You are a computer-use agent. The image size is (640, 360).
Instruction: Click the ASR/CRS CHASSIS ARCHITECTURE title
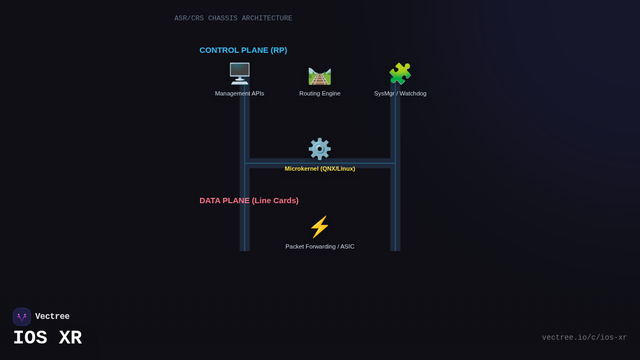(233, 18)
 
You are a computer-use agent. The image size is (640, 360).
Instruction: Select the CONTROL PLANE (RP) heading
(243, 50)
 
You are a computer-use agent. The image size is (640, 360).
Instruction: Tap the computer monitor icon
(239, 74)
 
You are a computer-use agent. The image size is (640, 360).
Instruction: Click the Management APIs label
(239, 93)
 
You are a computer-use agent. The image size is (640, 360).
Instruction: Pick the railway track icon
(319, 75)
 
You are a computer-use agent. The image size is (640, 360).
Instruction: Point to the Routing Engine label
(319, 93)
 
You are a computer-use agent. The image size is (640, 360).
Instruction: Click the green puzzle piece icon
(400, 74)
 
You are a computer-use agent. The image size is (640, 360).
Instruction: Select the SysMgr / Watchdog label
(400, 93)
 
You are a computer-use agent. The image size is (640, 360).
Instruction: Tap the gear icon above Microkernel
(319, 149)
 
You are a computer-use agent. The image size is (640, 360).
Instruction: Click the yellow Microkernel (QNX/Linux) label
(319, 169)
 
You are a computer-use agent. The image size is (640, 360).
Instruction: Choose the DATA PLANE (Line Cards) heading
(249, 201)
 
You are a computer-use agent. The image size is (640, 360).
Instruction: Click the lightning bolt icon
(319, 227)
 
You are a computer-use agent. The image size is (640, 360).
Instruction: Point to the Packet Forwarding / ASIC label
(319, 246)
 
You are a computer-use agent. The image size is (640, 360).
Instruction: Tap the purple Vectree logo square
(22, 317)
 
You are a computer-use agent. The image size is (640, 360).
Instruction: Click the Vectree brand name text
(52, 317)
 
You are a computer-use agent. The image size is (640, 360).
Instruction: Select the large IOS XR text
(47, 338)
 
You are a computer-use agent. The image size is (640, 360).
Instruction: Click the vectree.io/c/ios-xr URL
(584, 338)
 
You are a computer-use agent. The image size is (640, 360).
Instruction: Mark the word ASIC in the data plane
(347, 246)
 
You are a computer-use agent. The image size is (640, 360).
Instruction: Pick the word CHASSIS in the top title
(222, 18)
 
